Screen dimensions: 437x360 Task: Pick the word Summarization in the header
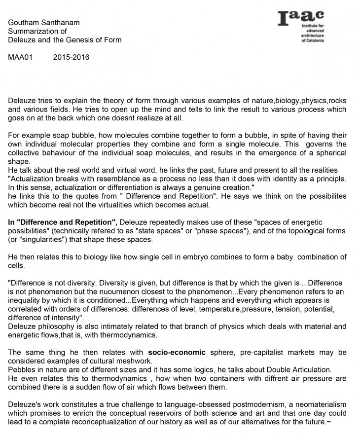coord(33,31)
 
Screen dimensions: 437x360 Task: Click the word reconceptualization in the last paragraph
coord(120,423)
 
